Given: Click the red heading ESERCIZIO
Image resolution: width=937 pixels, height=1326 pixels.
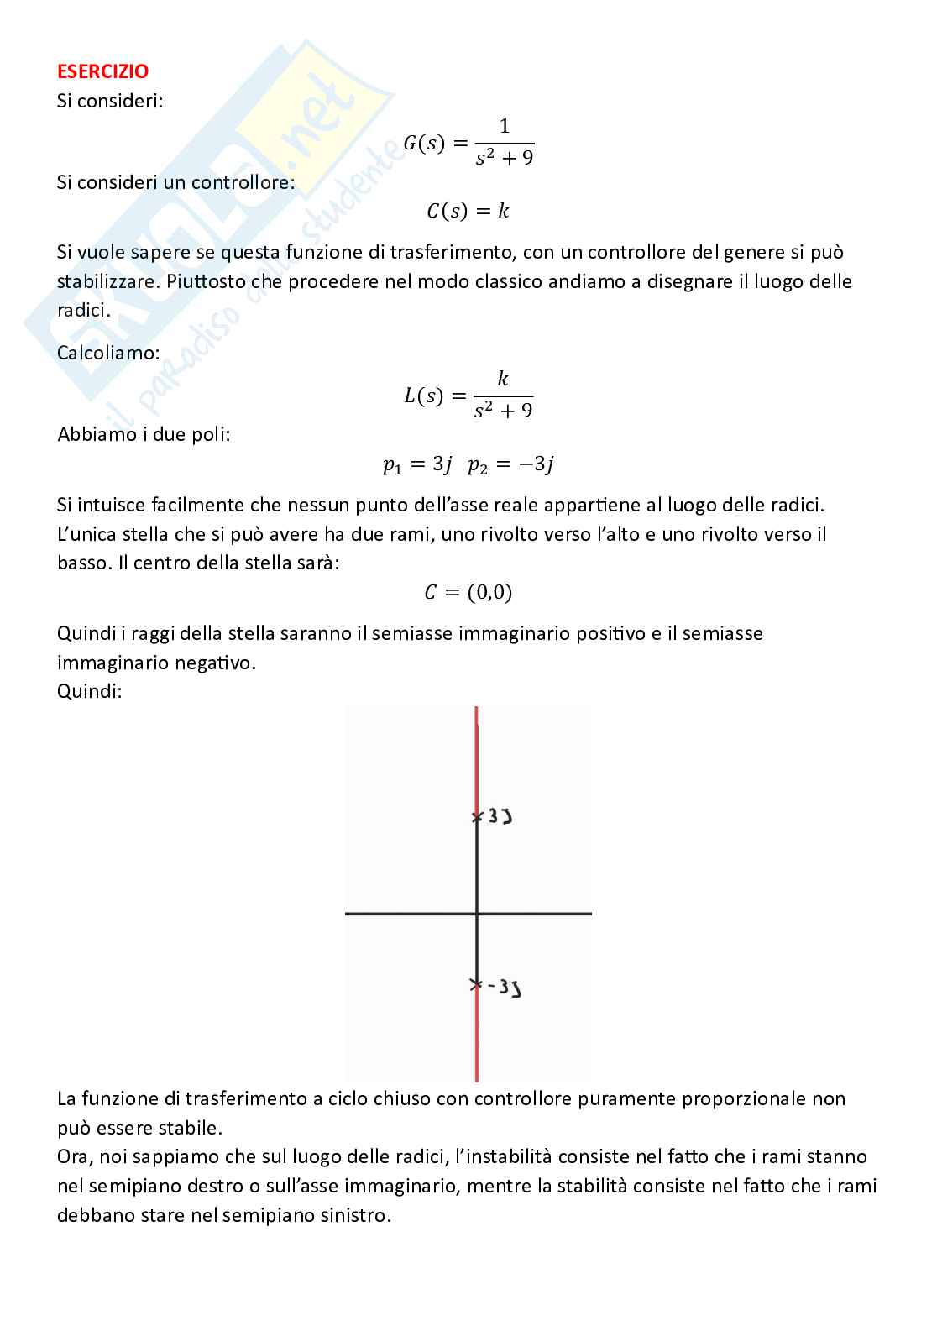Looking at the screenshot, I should (x=102, y=72).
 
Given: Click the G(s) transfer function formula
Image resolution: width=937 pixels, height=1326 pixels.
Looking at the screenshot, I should (x=468, y=143).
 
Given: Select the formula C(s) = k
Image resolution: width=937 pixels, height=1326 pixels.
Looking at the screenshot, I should (x=468, y=211).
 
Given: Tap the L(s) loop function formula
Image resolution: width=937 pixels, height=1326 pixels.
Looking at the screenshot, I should (x=468, y=395).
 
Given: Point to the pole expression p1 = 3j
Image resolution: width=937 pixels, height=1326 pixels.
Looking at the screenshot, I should (x=417, y=464).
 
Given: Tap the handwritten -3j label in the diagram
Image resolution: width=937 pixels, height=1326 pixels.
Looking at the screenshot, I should (x=505, y=988).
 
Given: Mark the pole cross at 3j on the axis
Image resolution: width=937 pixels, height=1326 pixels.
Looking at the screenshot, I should (x=477, y=816).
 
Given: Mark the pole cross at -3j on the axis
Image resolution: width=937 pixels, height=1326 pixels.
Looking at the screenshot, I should (x=476, y=984).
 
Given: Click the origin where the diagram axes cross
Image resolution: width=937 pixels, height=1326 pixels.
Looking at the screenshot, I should (x=477, y=913).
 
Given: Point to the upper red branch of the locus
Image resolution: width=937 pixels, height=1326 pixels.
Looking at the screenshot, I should (x=477, y=756).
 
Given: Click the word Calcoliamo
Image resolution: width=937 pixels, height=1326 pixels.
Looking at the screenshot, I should (x=108, y=353).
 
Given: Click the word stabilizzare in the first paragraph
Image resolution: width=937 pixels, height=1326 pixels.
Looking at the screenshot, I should (x=107, y=281).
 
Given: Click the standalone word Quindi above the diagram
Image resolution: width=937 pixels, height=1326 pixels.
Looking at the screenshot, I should (x=90, y=692).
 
